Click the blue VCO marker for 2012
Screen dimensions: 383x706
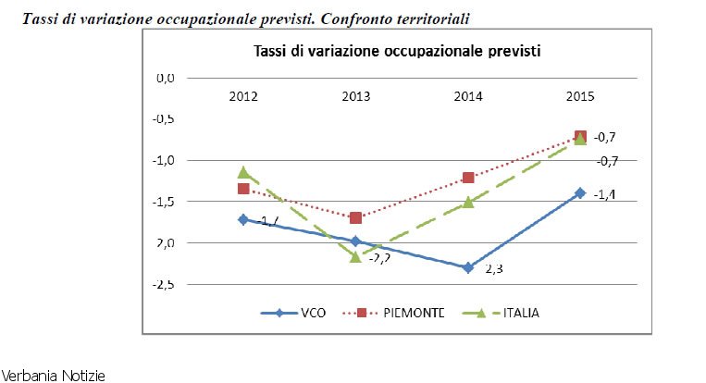pos(243,219)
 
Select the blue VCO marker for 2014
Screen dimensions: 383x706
pos(468,267)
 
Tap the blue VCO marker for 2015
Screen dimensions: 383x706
pos(580,192)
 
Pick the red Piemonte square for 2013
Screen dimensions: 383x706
pos(355,217)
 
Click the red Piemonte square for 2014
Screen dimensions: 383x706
pos(468,178)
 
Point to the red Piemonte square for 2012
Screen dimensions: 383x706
pos(243,189)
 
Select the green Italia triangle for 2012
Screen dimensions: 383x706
pos(243,172)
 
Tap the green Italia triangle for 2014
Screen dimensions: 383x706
pos(468,202)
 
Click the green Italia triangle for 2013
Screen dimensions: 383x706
pos(355,256)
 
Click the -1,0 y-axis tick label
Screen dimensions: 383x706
pos(164,160)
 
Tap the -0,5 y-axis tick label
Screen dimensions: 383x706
pos(164,118)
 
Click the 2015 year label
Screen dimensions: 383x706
pos(580,97)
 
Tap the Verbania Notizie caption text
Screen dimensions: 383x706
pos(53,376)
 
